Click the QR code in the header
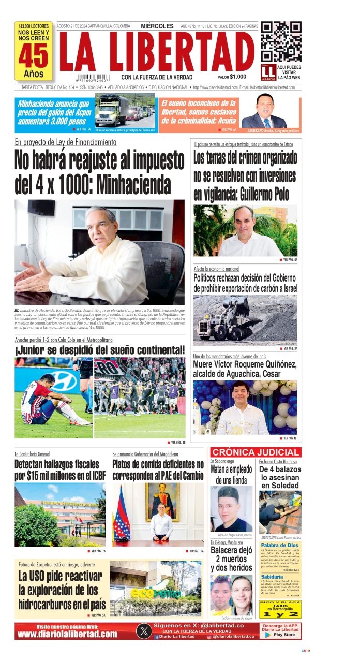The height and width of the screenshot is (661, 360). point(281,41)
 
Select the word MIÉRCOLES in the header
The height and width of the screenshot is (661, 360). point(157,26)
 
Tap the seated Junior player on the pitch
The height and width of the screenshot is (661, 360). point(43,401)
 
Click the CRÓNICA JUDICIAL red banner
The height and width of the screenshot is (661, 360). point(256,452)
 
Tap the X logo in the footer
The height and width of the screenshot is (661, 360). point(143,631)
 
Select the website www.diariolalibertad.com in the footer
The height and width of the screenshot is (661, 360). point(67,634)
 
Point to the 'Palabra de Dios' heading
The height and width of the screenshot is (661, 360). point(279,545)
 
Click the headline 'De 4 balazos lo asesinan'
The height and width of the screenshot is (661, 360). point(280,477)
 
